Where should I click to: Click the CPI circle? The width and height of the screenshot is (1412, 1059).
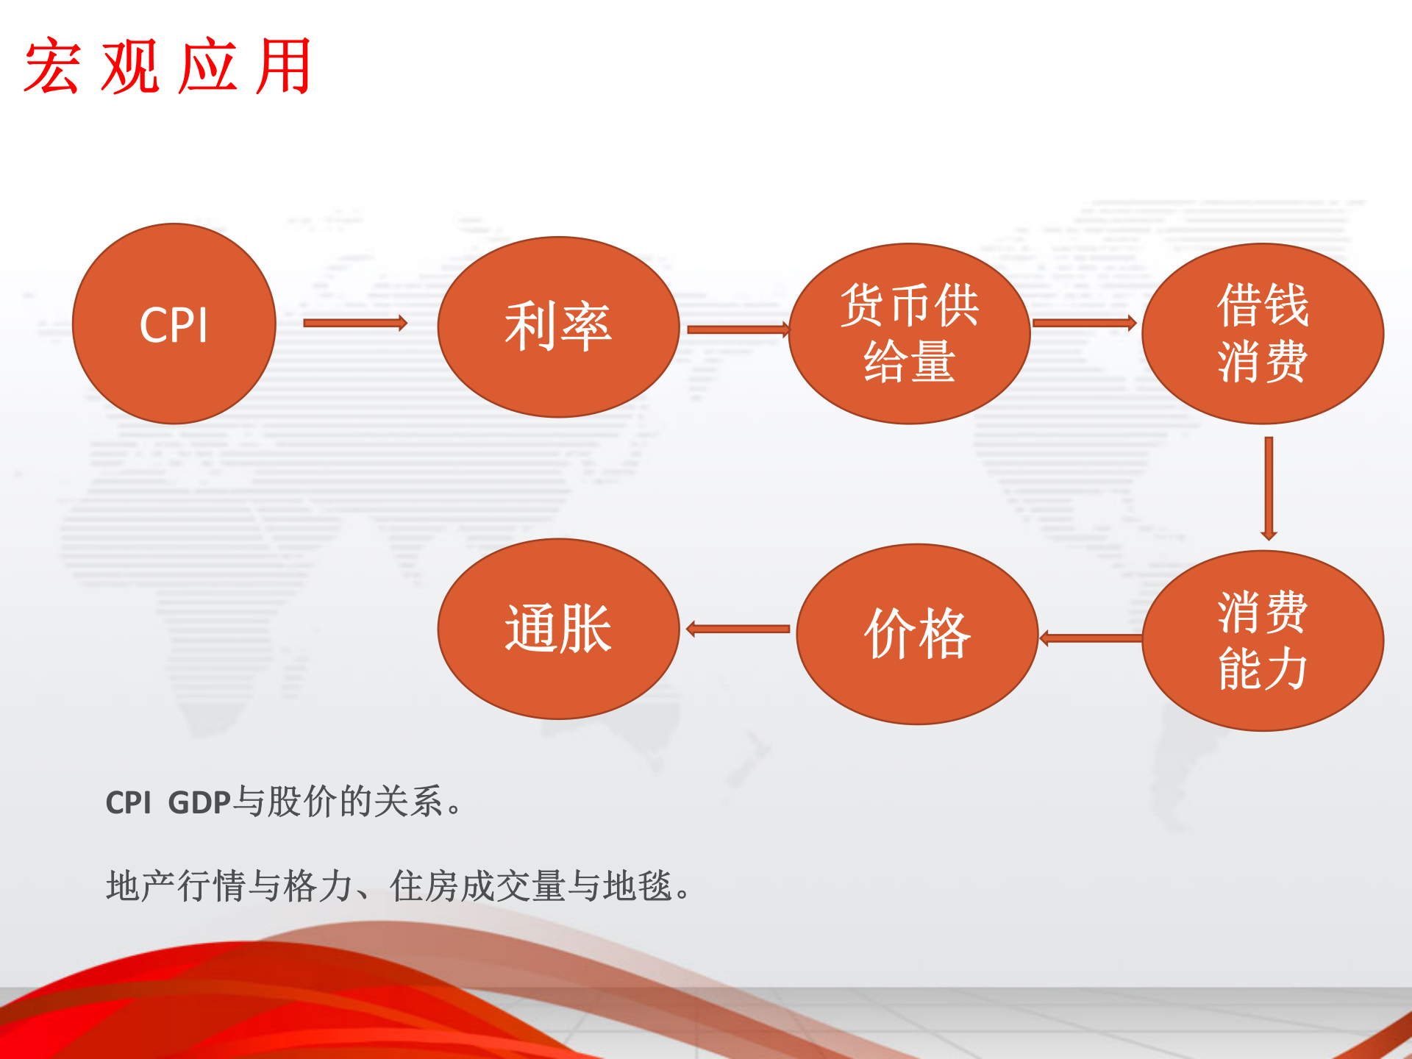pyautogui.click(x=174, y=324)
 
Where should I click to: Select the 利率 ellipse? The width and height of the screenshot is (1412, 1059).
pyautogui.click(x=558, y=327)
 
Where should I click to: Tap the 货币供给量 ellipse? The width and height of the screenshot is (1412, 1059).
pyautogui.click(x=909, y=333)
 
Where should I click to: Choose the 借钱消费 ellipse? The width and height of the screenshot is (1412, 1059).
pyautogui.click(x=1262, y=333)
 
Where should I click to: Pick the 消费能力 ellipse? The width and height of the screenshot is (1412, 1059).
pyautogui.click(x=1262, y=641)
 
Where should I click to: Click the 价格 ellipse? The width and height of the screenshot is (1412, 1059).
pyautogui.click(x=917, y=634)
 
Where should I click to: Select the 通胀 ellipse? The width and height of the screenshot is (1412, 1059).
pyautogui.click(x=558, y=629)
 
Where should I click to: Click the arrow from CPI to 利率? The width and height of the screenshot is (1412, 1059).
pyautogui.click(x=355, y=323)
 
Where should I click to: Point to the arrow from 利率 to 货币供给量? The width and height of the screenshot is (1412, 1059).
pyautogui.click(x=738, y=329)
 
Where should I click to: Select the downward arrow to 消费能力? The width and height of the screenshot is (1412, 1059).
pyautogui.click(x=1269, y=488)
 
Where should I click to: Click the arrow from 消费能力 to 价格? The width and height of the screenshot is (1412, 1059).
pyautogui.click(x=1091, y=638)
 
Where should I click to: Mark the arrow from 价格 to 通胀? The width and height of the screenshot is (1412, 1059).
pyautogui.click(x=738, y=629)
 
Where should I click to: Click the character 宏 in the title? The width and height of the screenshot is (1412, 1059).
pyautogui.click(x=51, y=66)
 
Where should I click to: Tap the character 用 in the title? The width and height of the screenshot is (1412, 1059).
pyautogui.click(x=283, y=66)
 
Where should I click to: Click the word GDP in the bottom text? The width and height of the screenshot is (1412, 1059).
pyautogui.click(x=199, y=802)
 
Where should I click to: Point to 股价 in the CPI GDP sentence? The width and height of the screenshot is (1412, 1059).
pyautogui.click(x=302, y=802)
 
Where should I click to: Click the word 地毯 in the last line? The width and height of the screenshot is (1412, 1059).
pyautogui.click(x=637, y=886)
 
